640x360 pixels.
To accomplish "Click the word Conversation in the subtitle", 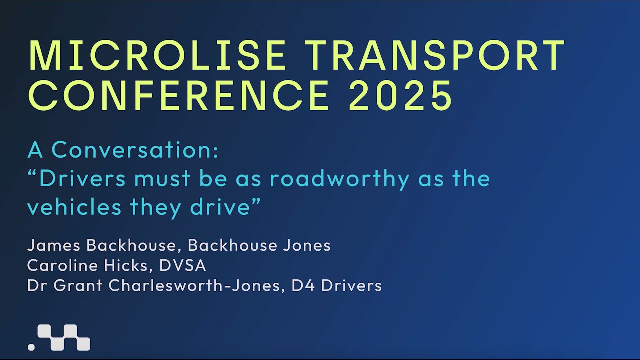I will click(135, 150).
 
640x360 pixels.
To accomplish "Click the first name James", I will click(54, 245).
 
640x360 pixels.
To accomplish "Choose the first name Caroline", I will click(62, 265).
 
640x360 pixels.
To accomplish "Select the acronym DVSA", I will click(183, 265).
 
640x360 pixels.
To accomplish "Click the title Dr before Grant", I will click(36, 285).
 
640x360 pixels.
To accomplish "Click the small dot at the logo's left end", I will click(31, 346).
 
